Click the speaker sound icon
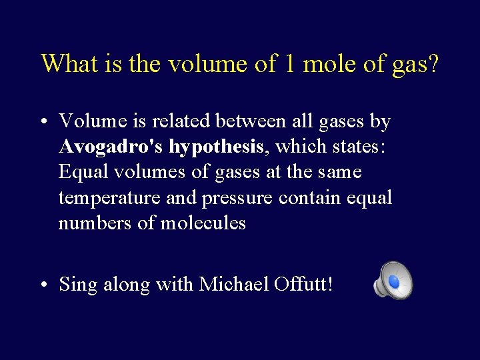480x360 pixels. point(393,280)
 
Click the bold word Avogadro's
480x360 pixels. point(111,147)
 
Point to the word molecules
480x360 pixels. point(203,223)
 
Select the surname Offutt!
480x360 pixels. point(303,285)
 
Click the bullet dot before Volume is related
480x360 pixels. point(43,122)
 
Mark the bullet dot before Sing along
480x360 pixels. point(43,285)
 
